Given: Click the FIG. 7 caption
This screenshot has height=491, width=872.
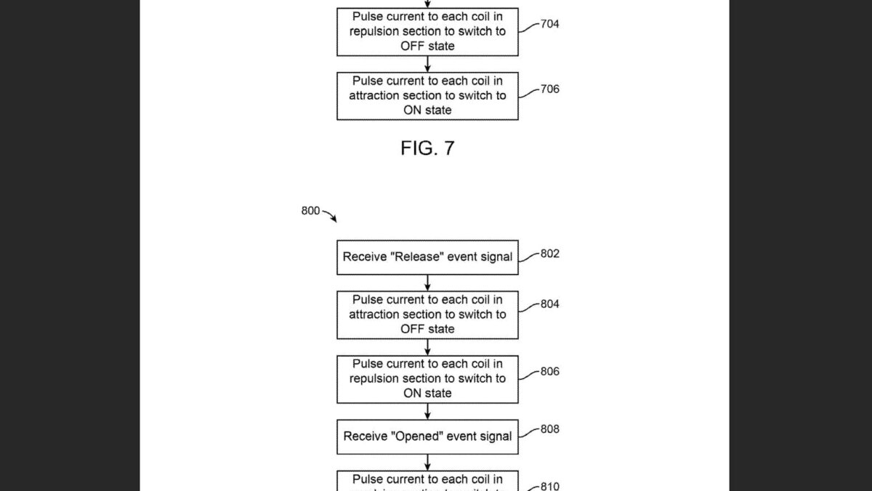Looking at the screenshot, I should (427, 148).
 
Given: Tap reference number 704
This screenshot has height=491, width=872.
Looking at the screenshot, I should (550, 24).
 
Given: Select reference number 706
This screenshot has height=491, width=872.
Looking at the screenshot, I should (550, 89).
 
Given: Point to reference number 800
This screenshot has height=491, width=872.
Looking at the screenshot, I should (310, 211).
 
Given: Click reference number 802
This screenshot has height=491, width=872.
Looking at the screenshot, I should (550, 254).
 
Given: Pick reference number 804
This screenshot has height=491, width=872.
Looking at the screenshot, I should (550, 304).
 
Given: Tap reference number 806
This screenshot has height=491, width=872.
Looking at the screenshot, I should (550, 371).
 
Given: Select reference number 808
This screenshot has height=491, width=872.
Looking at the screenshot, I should (550, 429).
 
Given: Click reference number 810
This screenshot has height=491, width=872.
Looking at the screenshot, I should (550, 486).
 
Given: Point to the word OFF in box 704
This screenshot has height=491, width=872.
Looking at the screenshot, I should (413, 47).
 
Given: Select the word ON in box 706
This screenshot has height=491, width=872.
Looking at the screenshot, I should (412, 111).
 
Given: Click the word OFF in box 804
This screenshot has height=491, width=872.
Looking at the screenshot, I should (413, 330).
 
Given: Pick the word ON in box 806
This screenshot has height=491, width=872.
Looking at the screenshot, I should (412, 394).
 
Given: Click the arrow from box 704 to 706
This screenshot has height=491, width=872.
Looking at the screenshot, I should (427, 64).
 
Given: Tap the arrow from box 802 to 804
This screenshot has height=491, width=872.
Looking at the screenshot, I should (427, 283).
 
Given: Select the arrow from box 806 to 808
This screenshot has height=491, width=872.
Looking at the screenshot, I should (427, 412).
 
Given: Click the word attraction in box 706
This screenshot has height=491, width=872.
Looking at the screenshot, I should (376, 96).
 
